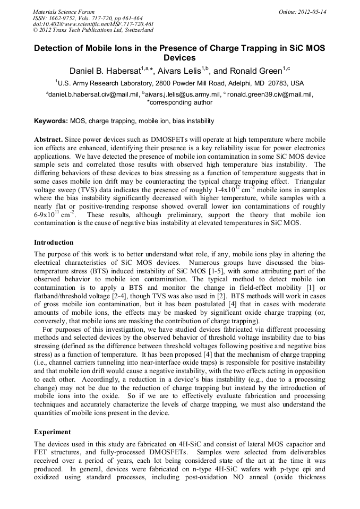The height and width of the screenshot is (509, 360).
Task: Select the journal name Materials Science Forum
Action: [64, 12]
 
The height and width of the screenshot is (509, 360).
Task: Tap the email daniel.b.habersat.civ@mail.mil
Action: [93, 94]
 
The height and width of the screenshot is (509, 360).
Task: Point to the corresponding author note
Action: [179, 102]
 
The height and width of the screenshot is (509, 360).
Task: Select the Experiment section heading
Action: [53, 432]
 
